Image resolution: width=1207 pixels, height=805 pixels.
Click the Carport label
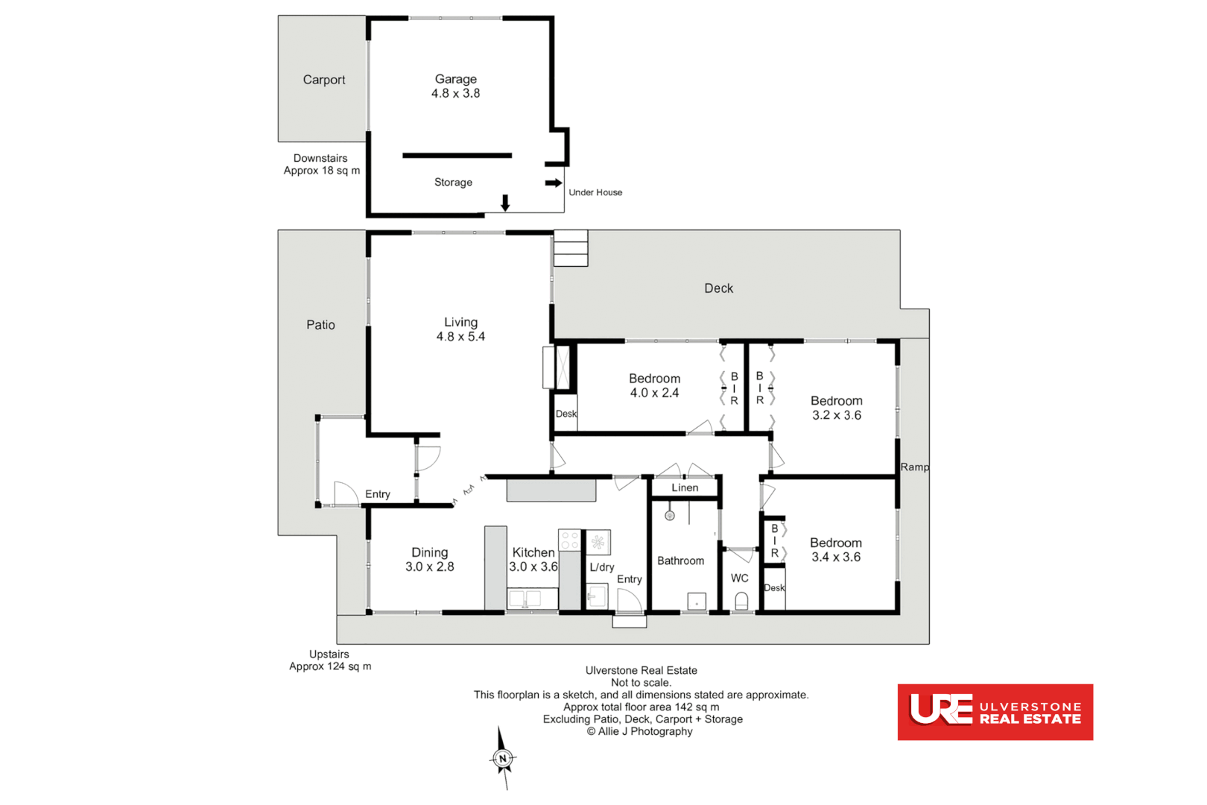[323, 80]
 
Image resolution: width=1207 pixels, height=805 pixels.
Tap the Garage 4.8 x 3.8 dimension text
[455, 94]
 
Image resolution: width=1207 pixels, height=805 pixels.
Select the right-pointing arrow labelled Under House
[553, 183]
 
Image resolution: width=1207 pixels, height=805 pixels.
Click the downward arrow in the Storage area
[505, 203]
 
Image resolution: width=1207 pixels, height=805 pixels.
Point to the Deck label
[718, 288]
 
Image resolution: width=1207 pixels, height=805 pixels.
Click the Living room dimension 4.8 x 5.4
[460, 337]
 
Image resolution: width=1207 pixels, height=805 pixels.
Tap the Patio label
[320, 325]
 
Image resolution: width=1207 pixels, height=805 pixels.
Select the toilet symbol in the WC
[741, 601]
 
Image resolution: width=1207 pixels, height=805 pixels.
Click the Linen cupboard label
[685, 488]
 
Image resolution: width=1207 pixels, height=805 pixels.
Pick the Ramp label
[914, 467]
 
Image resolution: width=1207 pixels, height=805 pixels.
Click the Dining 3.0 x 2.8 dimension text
[429, 567]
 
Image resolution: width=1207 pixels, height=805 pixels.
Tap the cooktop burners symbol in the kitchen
[569, 540]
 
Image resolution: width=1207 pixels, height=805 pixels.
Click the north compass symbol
[503, 759]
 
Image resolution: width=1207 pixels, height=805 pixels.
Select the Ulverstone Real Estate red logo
[995, 712]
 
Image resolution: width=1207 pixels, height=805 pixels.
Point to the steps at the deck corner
[571, 248]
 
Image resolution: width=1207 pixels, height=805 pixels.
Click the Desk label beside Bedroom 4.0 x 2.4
[566, 414]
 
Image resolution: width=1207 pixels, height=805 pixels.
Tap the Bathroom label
[680, 561]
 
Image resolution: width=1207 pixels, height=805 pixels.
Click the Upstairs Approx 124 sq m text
[329, 660]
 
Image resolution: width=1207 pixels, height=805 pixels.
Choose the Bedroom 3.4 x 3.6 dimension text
[836, 558]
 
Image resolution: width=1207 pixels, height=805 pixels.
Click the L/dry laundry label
[601, 567]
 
